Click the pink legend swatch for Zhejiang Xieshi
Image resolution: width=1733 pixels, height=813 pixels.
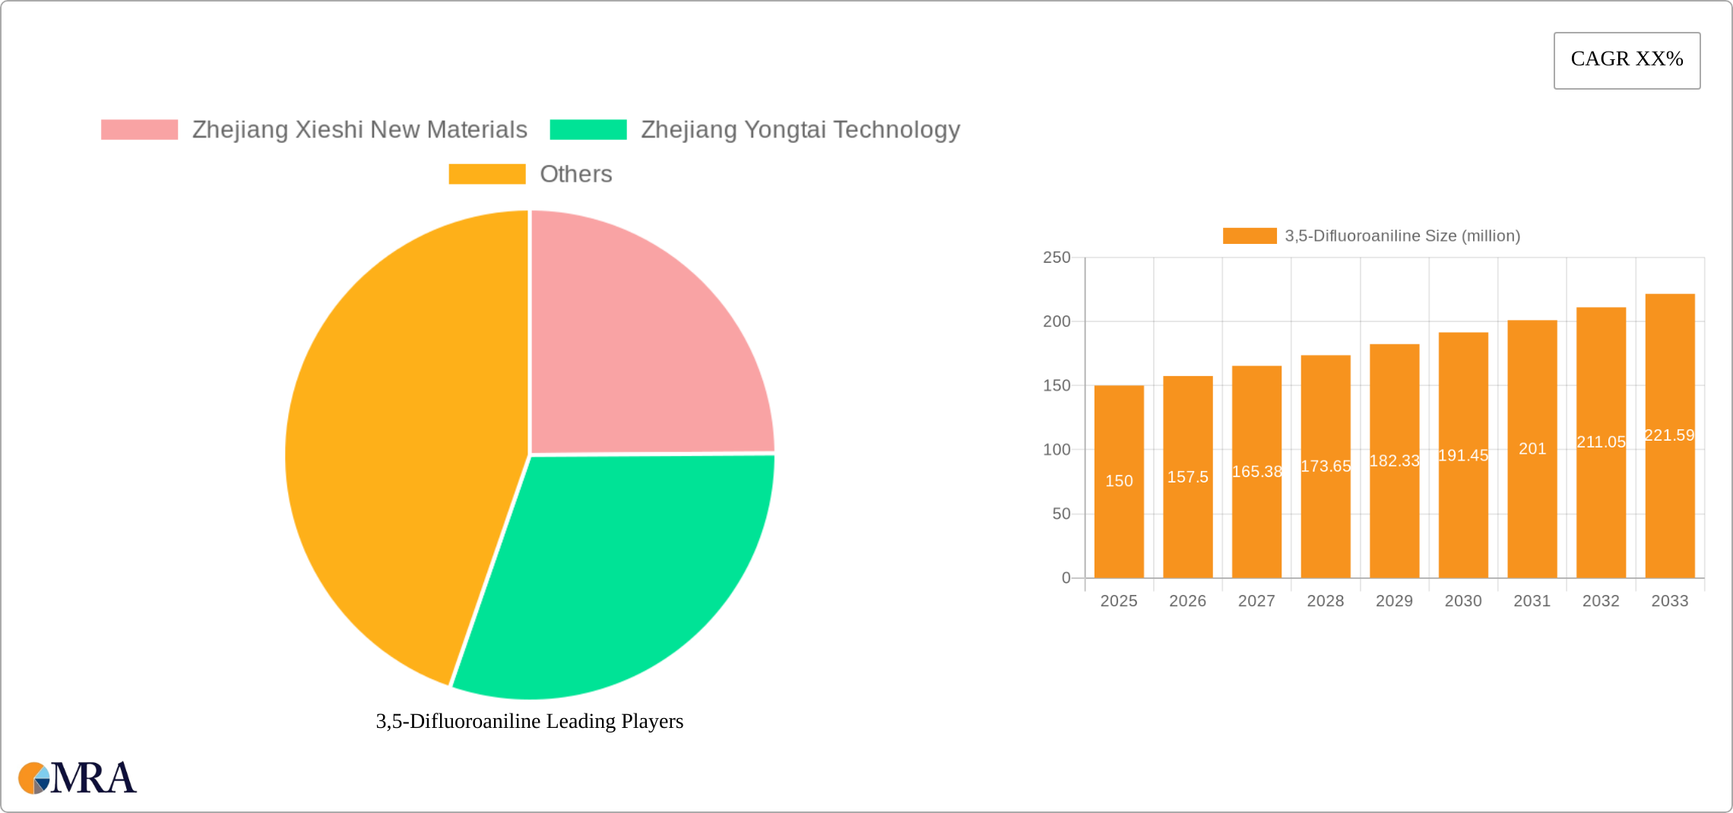click(x=139, y=130)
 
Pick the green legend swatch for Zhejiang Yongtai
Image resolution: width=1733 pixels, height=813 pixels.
click(x=588, y=130)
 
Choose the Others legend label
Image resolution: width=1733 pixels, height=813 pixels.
click(x=575, y=174)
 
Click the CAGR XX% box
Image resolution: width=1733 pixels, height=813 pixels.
click(x=1627, y=60)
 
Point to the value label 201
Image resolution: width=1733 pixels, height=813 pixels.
click(x=1532, y=449)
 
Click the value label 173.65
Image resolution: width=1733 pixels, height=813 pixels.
click(x=1326, y=467)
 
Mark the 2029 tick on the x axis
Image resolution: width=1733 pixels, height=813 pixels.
click(x=1394, y=601)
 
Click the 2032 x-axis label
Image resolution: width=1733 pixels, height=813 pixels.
click(x=1601, y=601)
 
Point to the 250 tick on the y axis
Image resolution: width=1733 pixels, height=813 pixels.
click(x=1057, y=258)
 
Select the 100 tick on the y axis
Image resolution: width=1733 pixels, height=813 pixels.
click(x=1057, y=450)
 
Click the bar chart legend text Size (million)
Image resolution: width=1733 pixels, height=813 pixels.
click(x=1402, y=236)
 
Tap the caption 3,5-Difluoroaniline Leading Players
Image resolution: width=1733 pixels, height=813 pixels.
click(x=530, y=721)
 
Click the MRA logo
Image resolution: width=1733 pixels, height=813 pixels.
click(x=78, y=778)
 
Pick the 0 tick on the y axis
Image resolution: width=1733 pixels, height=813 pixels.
click(x=1066, y=578)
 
